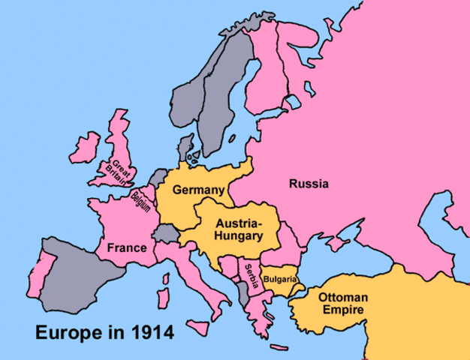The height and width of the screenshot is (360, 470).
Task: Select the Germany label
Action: [x=198, y=190]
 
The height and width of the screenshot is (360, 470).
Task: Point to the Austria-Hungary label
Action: [x=239, y=229]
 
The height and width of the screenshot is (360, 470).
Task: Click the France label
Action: [x=126, y=247]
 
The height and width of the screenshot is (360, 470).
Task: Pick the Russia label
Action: [x=309, y=183]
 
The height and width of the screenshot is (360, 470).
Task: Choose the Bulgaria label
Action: [x=280, y=279]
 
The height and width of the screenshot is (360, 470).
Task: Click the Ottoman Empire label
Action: [x=342, y=302]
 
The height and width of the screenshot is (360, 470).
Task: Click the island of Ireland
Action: [x=83, y=148]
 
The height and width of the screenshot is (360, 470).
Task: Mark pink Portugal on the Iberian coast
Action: [x=46, y=269]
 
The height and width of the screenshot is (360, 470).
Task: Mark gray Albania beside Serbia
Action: [x=243, y=293]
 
